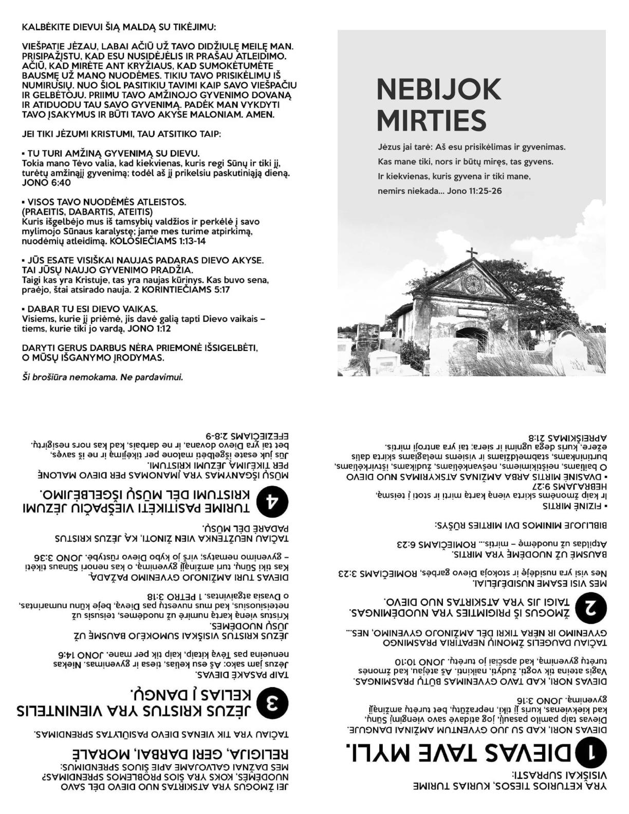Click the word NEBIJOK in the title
(x=438, y=89)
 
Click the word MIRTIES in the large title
(x=431, y=120)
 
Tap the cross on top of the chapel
(x=471, y=253)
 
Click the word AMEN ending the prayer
(x=260, y=115)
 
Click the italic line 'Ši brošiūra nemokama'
(x=102, y=377)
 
